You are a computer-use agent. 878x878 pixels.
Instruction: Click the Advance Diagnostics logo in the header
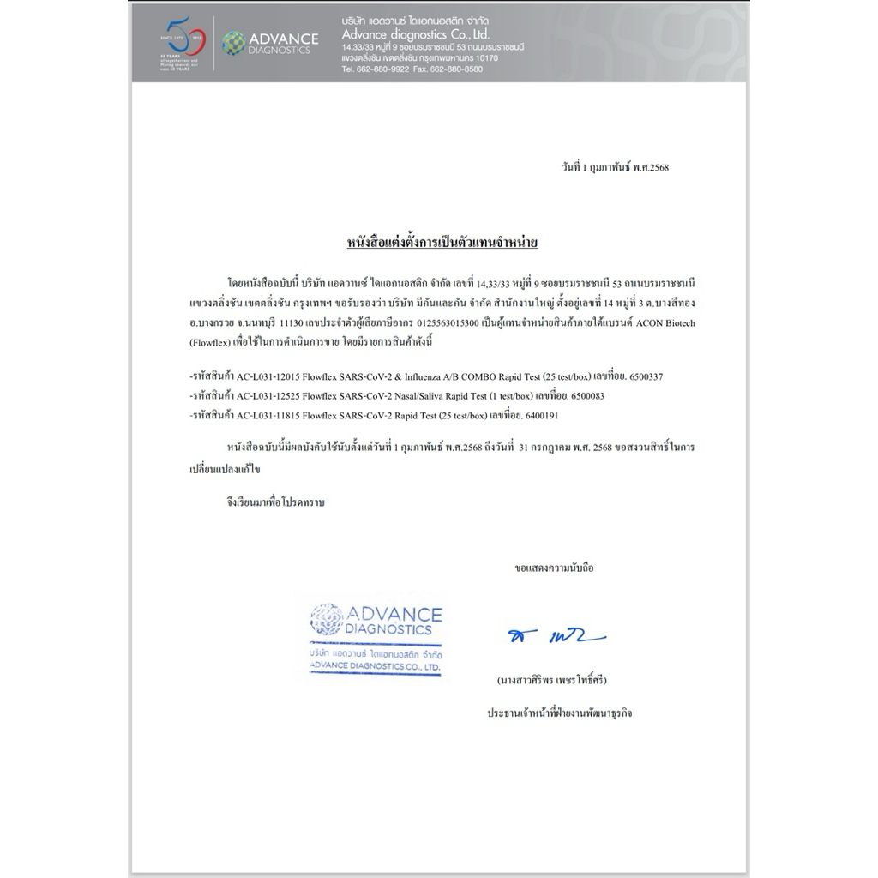[271, 43]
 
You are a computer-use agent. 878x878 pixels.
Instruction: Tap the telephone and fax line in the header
[412, 69]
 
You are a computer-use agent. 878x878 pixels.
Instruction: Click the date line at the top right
[610, 167]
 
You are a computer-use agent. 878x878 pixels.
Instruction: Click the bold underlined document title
[442, 244]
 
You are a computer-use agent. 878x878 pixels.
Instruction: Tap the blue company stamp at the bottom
[376, 635]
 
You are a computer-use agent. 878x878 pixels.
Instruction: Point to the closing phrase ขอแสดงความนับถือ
[554, 568]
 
